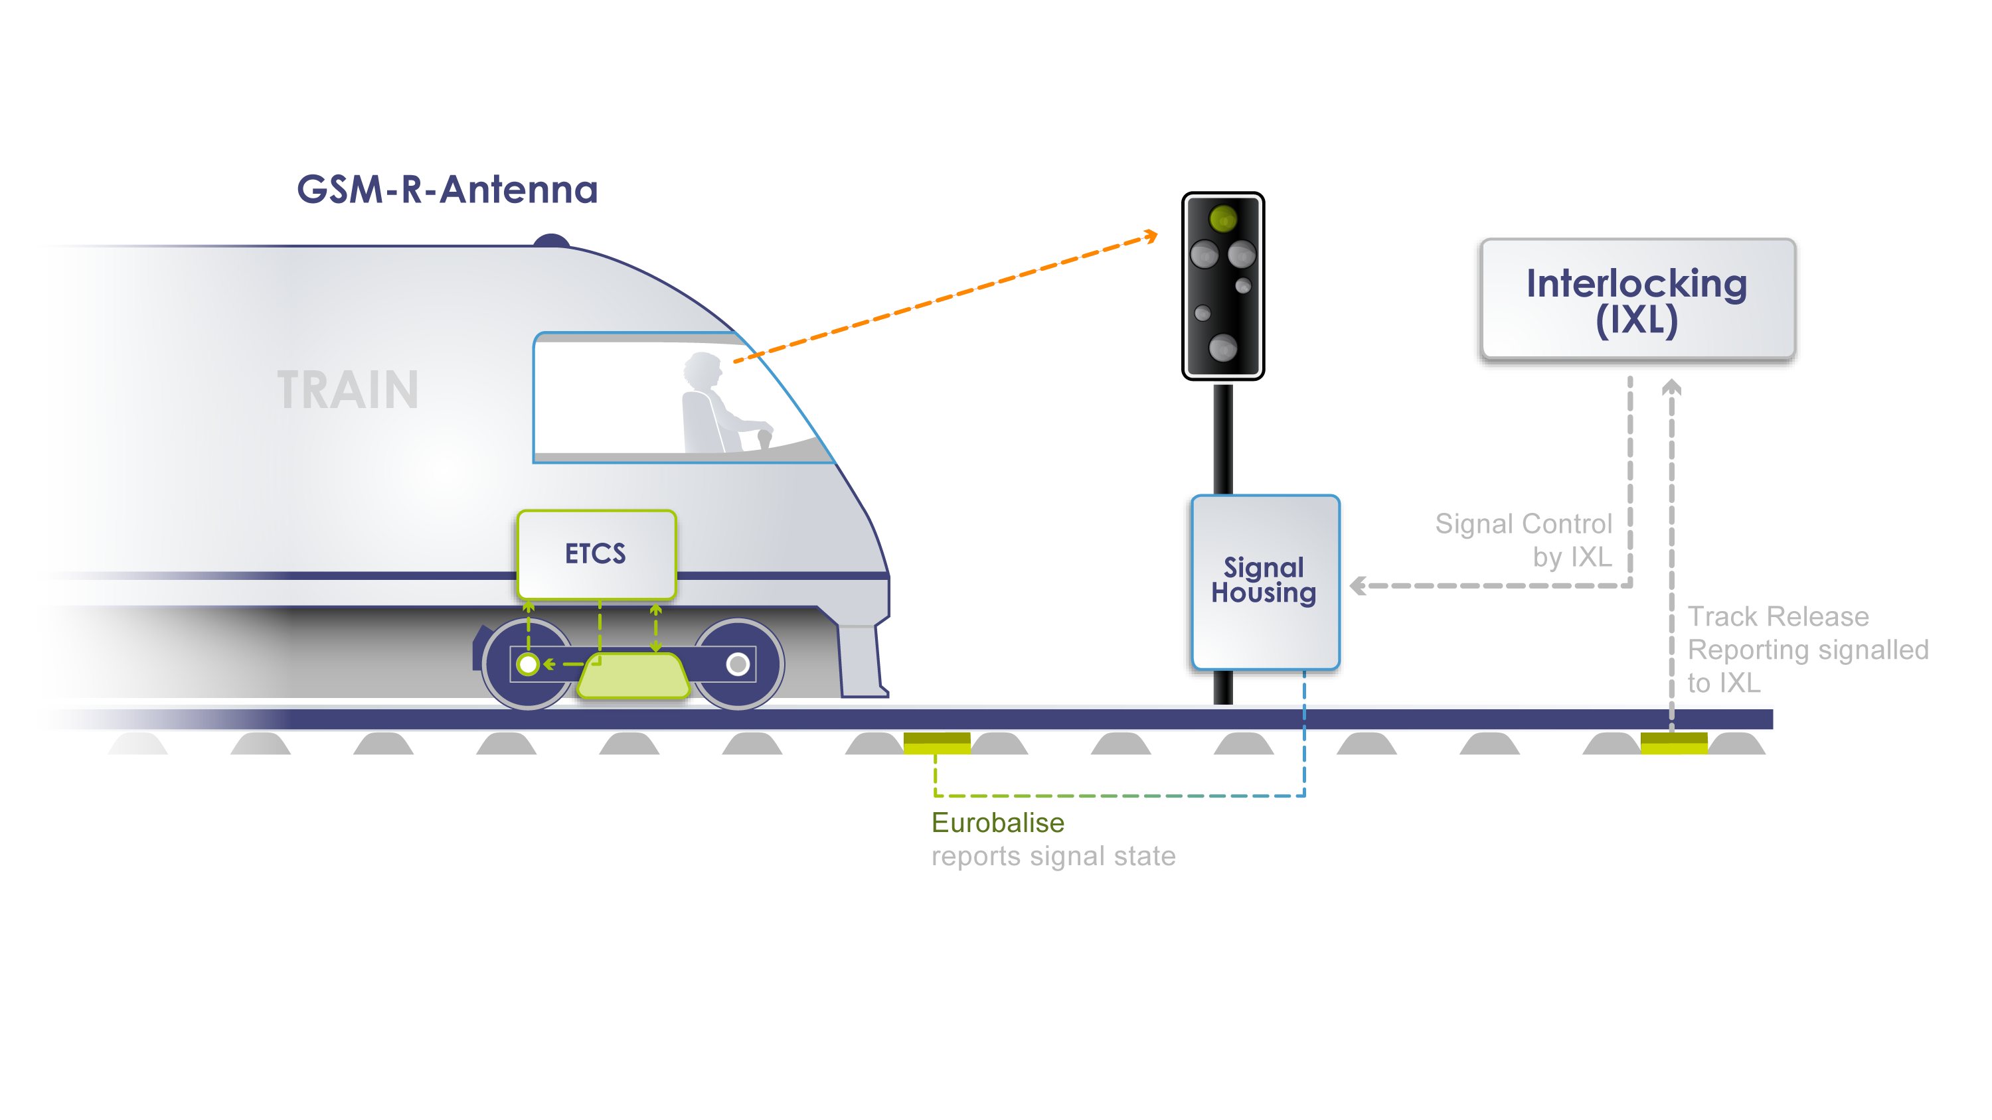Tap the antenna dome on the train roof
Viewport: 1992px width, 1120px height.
[551, 240]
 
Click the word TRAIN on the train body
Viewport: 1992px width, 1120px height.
[348, 390]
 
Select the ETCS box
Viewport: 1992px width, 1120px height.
[596, 553]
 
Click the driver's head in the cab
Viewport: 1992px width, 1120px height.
[703, 370]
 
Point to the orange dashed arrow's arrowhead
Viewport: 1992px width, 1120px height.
[1152, 235]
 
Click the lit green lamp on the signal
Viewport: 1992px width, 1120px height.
[1222, 219]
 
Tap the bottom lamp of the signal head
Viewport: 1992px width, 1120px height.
[1222, 348]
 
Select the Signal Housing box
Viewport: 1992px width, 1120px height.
[1265, 581]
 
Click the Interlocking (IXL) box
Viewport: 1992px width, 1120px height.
[1636, 299]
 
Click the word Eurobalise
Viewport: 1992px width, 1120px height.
[997, 822]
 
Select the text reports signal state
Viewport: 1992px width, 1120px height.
[1053, 857]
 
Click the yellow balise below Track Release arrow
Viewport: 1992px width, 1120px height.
[1673, 743]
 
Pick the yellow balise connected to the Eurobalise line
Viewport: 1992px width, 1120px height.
[936, 743]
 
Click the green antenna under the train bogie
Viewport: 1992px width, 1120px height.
[633, 675]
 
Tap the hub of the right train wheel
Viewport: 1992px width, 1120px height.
[738, 664]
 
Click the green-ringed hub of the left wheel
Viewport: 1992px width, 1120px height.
[528, 664]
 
